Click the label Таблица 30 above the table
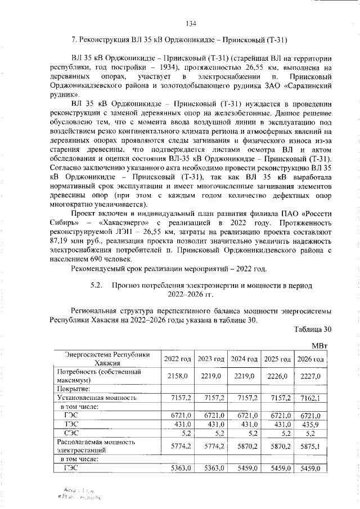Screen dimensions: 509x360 (310, 329)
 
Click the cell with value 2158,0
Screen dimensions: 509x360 (177, 376)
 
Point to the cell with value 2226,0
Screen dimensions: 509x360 (277, 376)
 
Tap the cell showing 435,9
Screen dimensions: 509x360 (310, 424)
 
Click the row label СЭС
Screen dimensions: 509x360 (73, 433)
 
